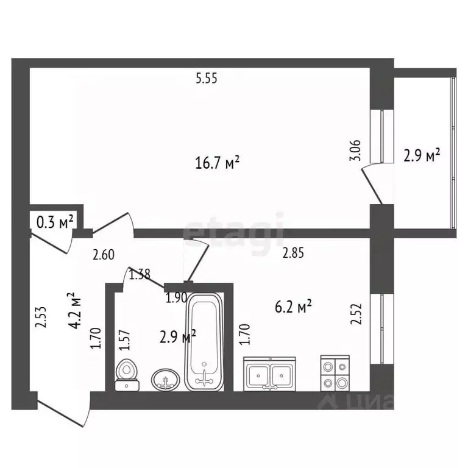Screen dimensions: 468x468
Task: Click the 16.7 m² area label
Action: (x=216, y=163)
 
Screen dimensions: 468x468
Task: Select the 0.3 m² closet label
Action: (x=55, y=221)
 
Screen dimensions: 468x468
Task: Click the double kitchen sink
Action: (x=271, y=374)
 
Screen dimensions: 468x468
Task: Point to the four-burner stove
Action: (x=335, y=374)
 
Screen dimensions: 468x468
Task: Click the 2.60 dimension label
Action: (x=103, y=256)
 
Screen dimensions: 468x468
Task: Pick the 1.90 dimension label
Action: (x=177, y=299)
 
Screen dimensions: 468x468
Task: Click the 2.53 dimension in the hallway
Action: (x=40, y=317)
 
